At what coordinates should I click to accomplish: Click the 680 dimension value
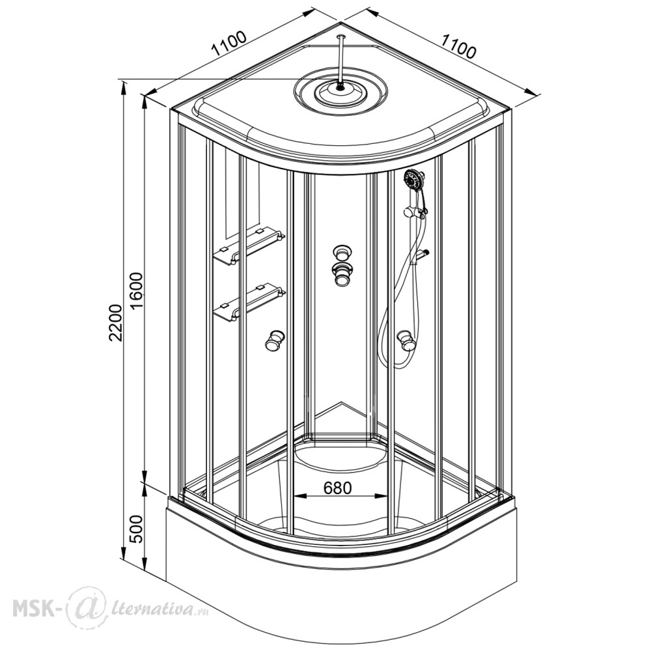tap(337, 488)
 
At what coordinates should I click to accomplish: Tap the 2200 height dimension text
tap(116, 323)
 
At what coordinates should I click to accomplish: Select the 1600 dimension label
tap(136, 290)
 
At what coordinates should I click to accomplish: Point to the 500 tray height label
tap(136, 529)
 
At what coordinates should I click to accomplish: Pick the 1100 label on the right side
tap(458, 46)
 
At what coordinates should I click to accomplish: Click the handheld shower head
tap(413, 180)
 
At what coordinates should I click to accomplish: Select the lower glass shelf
tap(249, 302)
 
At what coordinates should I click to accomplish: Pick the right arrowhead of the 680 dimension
tap(381, 495)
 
